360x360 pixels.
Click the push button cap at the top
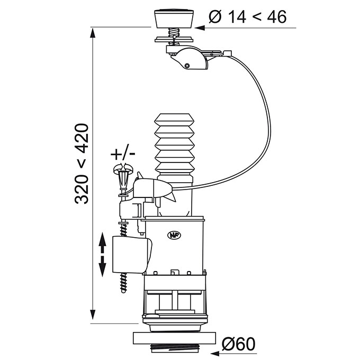(174, 19)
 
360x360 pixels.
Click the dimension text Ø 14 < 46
(248, 17)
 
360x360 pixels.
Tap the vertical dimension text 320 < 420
(82, 164)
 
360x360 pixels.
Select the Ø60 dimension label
(239, 344)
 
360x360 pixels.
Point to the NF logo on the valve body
(174, 236)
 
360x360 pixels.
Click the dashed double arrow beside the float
(102, 255)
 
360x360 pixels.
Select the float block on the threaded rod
(132, 255)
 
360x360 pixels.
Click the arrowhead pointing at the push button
(200, 28)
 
